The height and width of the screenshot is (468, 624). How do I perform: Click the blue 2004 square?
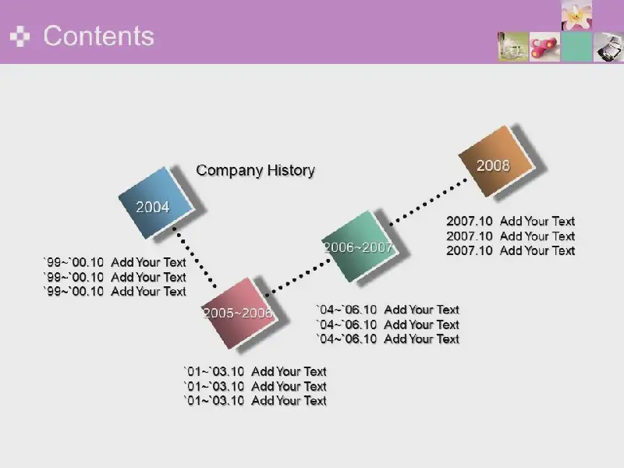tap(156, 203)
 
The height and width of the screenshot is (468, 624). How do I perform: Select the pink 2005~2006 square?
tap(239, 314)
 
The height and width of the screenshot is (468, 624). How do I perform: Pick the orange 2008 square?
tap(496, 161)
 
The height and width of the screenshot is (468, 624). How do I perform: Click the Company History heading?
tap(256, 170)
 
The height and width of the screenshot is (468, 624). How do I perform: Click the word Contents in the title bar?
tap(99, 36)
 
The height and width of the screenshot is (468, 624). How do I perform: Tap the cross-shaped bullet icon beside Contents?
tap(20, 36)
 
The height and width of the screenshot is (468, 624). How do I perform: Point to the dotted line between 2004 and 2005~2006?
tap(194, 257)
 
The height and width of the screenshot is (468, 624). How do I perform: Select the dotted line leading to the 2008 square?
tap(428, 202)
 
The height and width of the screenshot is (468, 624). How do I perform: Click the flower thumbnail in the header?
tap(576, 15)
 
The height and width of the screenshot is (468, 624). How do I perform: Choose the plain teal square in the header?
tap(576, 47)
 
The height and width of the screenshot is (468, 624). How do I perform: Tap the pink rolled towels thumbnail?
tap(544, 47)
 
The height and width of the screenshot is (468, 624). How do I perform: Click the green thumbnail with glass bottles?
tap(513, 47)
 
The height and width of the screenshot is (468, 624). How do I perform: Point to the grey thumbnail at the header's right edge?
tap(608, 47)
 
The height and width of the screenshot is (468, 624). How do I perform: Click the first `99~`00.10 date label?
tap(73, 262)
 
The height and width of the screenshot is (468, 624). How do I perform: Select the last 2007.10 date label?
tap(470, 250)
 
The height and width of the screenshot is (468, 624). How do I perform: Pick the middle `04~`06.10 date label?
tap(346, 324)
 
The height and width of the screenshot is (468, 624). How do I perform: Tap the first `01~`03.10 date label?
tap(214, 372)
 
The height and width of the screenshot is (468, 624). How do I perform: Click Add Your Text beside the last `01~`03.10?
tap(289, 401)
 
